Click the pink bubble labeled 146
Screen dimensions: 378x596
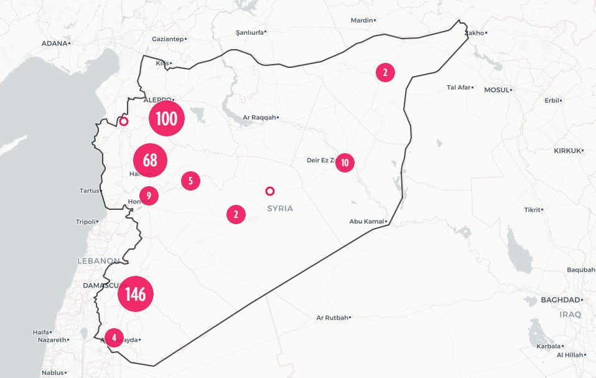(135, 294)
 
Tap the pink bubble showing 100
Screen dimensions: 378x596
(167, 118)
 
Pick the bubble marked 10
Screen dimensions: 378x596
(345, 163)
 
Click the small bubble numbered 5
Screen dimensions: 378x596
(190, 181)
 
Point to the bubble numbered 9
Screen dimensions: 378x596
(149, 196)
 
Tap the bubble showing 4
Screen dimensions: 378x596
(114, 338)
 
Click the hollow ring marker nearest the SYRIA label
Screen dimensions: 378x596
(269, 191)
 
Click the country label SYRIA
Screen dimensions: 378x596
(280, 209)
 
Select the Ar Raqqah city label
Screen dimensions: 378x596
(259, 117)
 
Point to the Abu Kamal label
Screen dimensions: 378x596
(366, 221)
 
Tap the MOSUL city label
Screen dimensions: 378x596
(496, 90)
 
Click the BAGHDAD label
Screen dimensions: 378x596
(561, 300)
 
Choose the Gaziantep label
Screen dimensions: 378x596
(167, 39)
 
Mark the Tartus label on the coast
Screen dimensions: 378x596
(90, 191)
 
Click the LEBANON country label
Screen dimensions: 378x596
(98, 260)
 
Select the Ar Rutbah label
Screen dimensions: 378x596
(332, 318)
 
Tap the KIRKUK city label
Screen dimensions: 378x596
(567, 151)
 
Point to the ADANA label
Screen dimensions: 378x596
(54, 43)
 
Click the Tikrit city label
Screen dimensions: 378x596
(532, 210)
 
